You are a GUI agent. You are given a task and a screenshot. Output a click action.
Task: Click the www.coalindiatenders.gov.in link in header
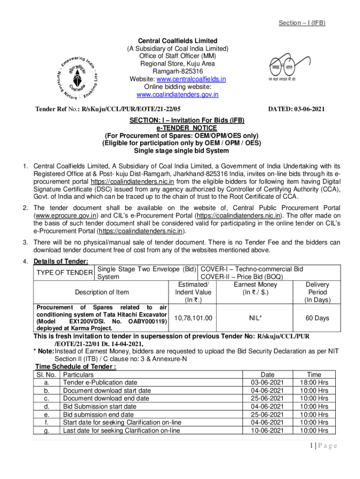177,94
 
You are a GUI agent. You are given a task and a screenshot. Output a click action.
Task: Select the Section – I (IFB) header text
302,23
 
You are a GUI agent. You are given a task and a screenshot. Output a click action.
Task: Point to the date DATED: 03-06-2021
296,109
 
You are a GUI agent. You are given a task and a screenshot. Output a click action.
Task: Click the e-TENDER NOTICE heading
180,128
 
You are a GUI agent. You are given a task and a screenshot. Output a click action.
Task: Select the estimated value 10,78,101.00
193,318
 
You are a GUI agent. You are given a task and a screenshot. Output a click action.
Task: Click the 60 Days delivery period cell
317,318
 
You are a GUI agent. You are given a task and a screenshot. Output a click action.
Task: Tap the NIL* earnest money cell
255,318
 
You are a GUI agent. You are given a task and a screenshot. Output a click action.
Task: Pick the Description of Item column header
102,292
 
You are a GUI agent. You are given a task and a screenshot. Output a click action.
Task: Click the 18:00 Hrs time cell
317,383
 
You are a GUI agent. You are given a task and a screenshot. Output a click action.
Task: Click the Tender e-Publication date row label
100,383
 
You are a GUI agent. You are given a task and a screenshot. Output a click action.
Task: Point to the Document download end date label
106,399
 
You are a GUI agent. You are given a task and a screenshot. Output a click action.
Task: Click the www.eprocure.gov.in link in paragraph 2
66,216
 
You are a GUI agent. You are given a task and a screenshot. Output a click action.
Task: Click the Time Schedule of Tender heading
76,367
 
